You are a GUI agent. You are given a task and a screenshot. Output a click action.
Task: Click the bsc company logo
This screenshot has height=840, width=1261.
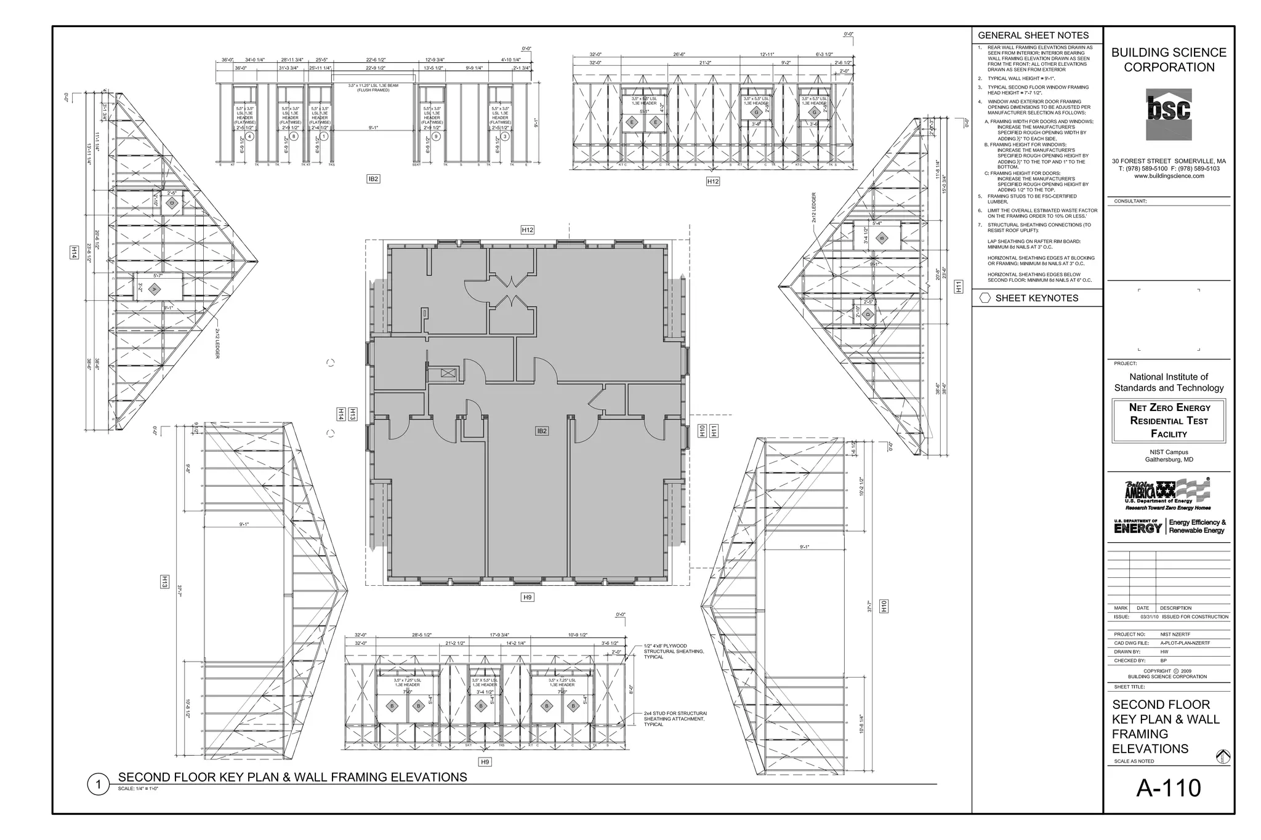(1168, 114)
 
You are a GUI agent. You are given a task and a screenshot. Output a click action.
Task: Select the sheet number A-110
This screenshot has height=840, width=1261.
(1168, 788)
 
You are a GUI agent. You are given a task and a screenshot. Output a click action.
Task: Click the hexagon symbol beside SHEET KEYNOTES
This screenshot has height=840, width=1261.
(985, 298)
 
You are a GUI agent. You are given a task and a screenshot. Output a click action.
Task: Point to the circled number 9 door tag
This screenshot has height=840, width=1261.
(436, 136)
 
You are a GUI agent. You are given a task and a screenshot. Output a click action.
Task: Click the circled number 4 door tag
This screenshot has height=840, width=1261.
(249, 136)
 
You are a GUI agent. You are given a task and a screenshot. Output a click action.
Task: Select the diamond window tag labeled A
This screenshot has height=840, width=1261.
(155, 289)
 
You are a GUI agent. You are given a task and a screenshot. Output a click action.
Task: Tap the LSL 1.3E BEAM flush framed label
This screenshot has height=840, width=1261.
(373, 87)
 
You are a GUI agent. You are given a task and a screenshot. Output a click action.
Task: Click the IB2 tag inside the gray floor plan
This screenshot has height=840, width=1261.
(541, 431)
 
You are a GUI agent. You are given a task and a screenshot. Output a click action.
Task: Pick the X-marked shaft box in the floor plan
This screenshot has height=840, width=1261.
(448, 372)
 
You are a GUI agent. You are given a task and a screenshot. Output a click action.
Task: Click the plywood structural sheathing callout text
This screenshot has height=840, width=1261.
(674, 652)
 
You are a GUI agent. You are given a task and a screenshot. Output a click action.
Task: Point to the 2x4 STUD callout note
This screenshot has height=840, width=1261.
(675, 719)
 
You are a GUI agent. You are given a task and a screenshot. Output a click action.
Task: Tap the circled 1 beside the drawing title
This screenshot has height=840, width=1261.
(97, 785)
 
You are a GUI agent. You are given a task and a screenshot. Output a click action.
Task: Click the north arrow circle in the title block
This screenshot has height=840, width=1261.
(1223, 757)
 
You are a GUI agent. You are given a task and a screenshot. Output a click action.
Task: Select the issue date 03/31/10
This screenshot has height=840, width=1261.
(1149, 617)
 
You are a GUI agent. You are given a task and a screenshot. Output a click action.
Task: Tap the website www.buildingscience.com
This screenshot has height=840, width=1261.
(1169, 176)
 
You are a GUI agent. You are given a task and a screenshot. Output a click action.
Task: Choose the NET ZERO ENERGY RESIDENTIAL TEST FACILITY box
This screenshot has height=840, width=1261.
(1169, 421)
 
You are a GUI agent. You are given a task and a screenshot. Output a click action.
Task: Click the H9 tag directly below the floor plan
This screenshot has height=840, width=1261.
(527, 597)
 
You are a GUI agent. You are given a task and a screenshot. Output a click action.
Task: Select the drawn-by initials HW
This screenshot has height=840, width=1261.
(1164, 652)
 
